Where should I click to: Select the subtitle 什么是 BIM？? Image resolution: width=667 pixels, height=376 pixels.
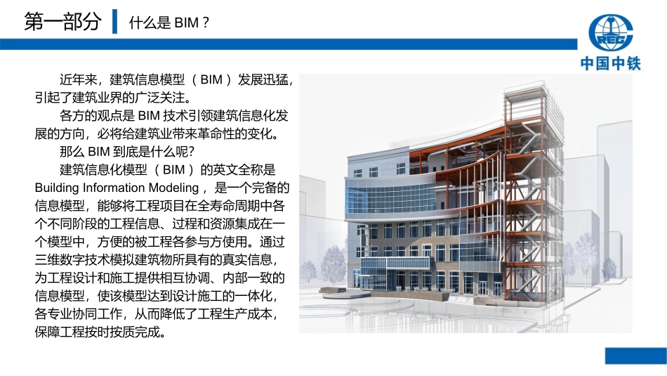(169, 23)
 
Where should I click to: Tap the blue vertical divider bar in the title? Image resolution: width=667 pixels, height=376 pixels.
(115, 22)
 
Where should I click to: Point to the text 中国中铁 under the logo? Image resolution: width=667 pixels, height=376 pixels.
(611, 63)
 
